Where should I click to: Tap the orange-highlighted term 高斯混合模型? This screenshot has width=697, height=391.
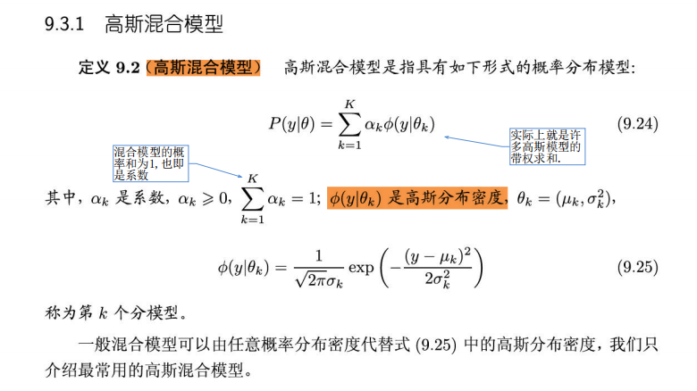pos(204,68)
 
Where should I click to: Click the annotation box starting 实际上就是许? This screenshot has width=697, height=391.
pos(546,146)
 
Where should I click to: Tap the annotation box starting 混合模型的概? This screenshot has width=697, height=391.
pos(149,162)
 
